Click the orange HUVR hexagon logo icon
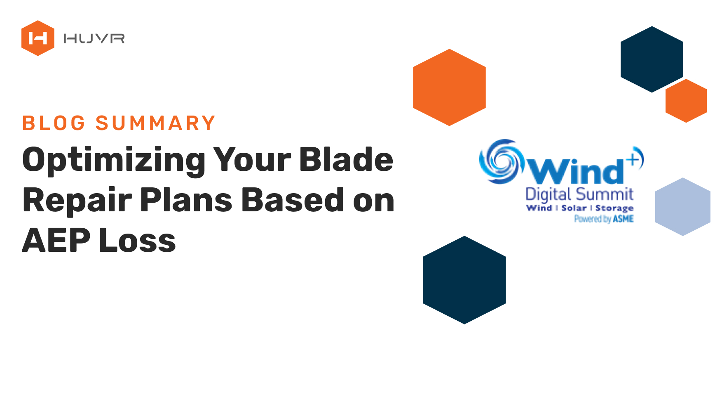coord(38,38)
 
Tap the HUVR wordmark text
coord(94,39)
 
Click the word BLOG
coord(54,123)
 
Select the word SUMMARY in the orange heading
coord(156,123)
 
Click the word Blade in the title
coord(346,159)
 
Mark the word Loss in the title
coord(138,240)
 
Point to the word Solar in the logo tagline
coord(574,208)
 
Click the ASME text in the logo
coord(623,219)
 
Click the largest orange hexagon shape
coord(450,88)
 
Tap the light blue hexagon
coord(683,207)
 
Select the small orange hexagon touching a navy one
coord(686,101)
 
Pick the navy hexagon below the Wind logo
coord(464,280)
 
